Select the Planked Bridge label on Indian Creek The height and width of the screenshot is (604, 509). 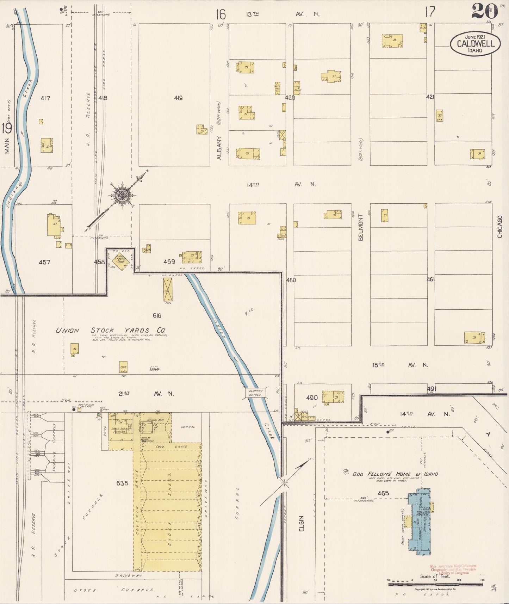pyautogui.click(x=256, y=393)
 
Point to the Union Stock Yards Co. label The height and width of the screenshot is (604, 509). pyautogui.click(x=111, y=331)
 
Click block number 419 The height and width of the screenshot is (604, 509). pyautogui.click(x=178, y=98)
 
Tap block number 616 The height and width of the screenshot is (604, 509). pyautogui.click(x=157, y=315)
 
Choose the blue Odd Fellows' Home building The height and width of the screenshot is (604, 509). pyautogui.click(x=420, y=522)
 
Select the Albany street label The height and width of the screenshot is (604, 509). pyautogui.click(x=219, y=148)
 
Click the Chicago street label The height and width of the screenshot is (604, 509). pyautogui.click(x=499, y=227)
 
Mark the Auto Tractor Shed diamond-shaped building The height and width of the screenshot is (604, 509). pyautogui.click(x=121, y=262)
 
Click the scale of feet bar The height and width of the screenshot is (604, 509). pyautogui.click(x=436, y=584)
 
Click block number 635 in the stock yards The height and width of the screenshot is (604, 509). pyautogui.click(x=122, y=483)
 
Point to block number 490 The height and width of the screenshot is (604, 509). pyautogui.click(x=312, y=397)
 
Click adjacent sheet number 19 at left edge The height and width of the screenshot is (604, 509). pyautogui.click(x=7, y=129)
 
